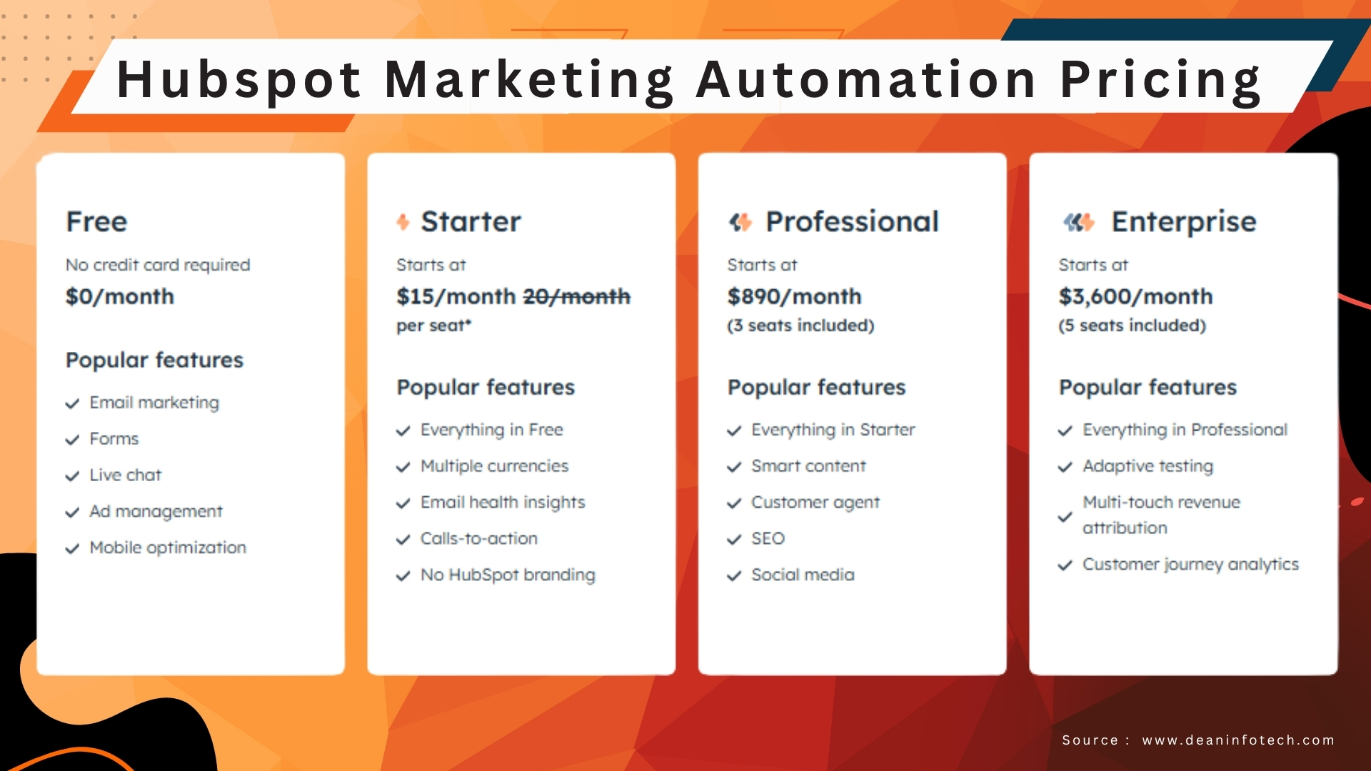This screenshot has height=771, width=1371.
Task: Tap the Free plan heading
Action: pyautogui.click(x=96, y=222)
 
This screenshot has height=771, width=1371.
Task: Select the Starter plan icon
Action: pyautogui.click(x=403, y=222)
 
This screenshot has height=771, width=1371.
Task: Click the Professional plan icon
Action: pyautogui.click(x=740, y=222)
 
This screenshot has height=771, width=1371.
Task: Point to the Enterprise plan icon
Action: pyautogui.click(x=1078, y=222)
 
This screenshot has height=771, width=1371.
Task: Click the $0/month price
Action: pyautogui.click(x=120, y=296)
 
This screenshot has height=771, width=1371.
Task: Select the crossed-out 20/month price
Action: pyautogui.click(x=577, y=296)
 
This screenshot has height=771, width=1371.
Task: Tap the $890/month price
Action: pyautogui.click(x=794, y=296)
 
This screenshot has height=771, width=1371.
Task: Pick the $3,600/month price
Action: pyautogui.click(x=1135, y=296)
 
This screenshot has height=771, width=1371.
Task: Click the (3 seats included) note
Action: pyautogui.click(x=800, y=326)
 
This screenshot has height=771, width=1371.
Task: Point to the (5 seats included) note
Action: pyautogui.click(x=1132, y=326)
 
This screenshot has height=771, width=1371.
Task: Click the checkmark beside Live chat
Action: pyautogui.click(x=72, y=476)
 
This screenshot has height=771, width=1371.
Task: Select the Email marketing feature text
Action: pyautogui.click(x=154, y=403)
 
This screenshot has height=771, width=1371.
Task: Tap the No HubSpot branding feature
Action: pyautogui.click(x=508, y=575)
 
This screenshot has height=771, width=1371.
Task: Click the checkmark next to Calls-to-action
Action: pyautogui.click(x=403, y=540)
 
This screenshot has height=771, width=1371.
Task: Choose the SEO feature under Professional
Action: pyautogui.click(x=768, y=538)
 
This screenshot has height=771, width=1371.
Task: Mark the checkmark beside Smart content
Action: pyautogui.click(x=734, y=467)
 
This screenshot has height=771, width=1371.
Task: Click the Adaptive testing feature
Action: pyautogui.click(x=1147, y=466)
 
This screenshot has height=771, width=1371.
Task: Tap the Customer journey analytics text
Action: pyautogui.click(x=1190, y=564)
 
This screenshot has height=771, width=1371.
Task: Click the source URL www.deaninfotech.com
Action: pyautogui.click(x=1238, y=740)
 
